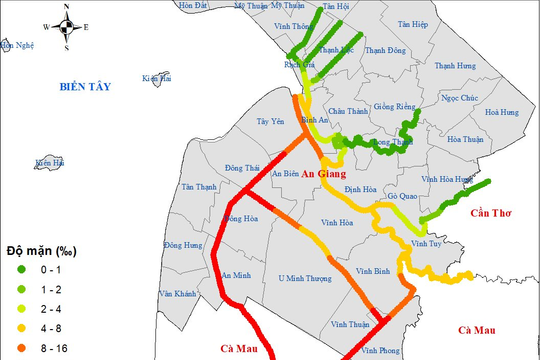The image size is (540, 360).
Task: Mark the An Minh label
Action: pos(236,275)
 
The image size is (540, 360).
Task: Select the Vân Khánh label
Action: pos(177,295)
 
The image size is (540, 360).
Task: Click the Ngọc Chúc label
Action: pos(463,98)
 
